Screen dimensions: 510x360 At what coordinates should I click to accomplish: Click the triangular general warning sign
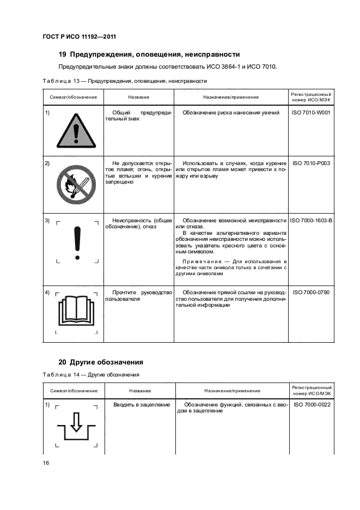point(75,130)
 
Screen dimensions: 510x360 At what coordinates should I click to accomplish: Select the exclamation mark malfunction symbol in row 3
point(77,242)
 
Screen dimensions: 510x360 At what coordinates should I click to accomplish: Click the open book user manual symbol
point(77,309)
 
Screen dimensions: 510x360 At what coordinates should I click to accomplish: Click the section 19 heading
point(149,54)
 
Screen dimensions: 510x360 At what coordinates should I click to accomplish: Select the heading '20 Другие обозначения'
point(101,362)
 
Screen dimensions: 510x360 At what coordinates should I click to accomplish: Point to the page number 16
point(46,463)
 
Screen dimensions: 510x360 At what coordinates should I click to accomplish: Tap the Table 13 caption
point(124,81)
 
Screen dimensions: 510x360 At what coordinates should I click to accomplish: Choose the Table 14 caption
point(91,375)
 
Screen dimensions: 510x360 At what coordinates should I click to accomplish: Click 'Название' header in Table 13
point(139,97)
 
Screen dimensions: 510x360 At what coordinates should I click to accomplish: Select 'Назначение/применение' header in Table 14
point(233,391)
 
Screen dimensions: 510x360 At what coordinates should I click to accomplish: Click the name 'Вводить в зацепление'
point(142,405)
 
